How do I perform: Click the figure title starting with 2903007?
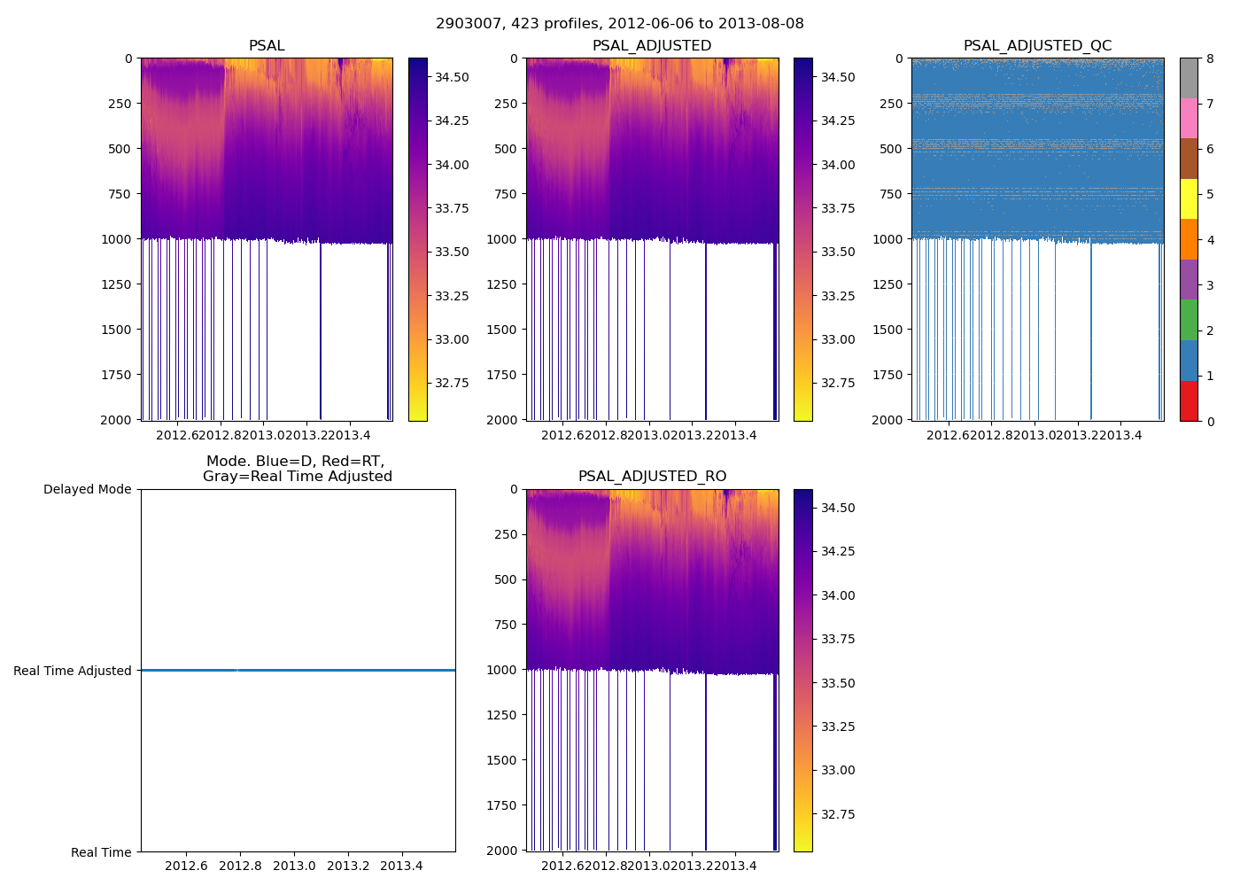(x=620, y=24)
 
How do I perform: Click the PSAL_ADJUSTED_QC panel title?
(x=1037, y=46)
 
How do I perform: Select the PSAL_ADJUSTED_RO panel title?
(x=652, y=477)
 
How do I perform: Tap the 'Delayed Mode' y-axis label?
(x=87, y=489)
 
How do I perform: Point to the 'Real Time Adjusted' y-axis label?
(x=73, y=671)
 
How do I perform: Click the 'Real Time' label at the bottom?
(x=101, y=852)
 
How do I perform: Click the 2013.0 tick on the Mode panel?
(x=294, y=866)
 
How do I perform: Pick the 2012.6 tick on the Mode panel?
(x=186, y=866)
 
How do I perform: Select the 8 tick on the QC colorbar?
(x=1210, y=59)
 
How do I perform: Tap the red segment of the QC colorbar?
(x=1189, y=400)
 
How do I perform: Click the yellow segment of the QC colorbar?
(x=1189, y=199)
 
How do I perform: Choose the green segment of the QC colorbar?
(x=1189, y=320)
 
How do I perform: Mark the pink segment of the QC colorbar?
(x=1189, y=119)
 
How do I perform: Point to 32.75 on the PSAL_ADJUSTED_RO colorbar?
(x=837, y=814)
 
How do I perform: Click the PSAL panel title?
(x=267, y=46)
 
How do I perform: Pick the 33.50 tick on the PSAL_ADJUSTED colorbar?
(x=837, y=252)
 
